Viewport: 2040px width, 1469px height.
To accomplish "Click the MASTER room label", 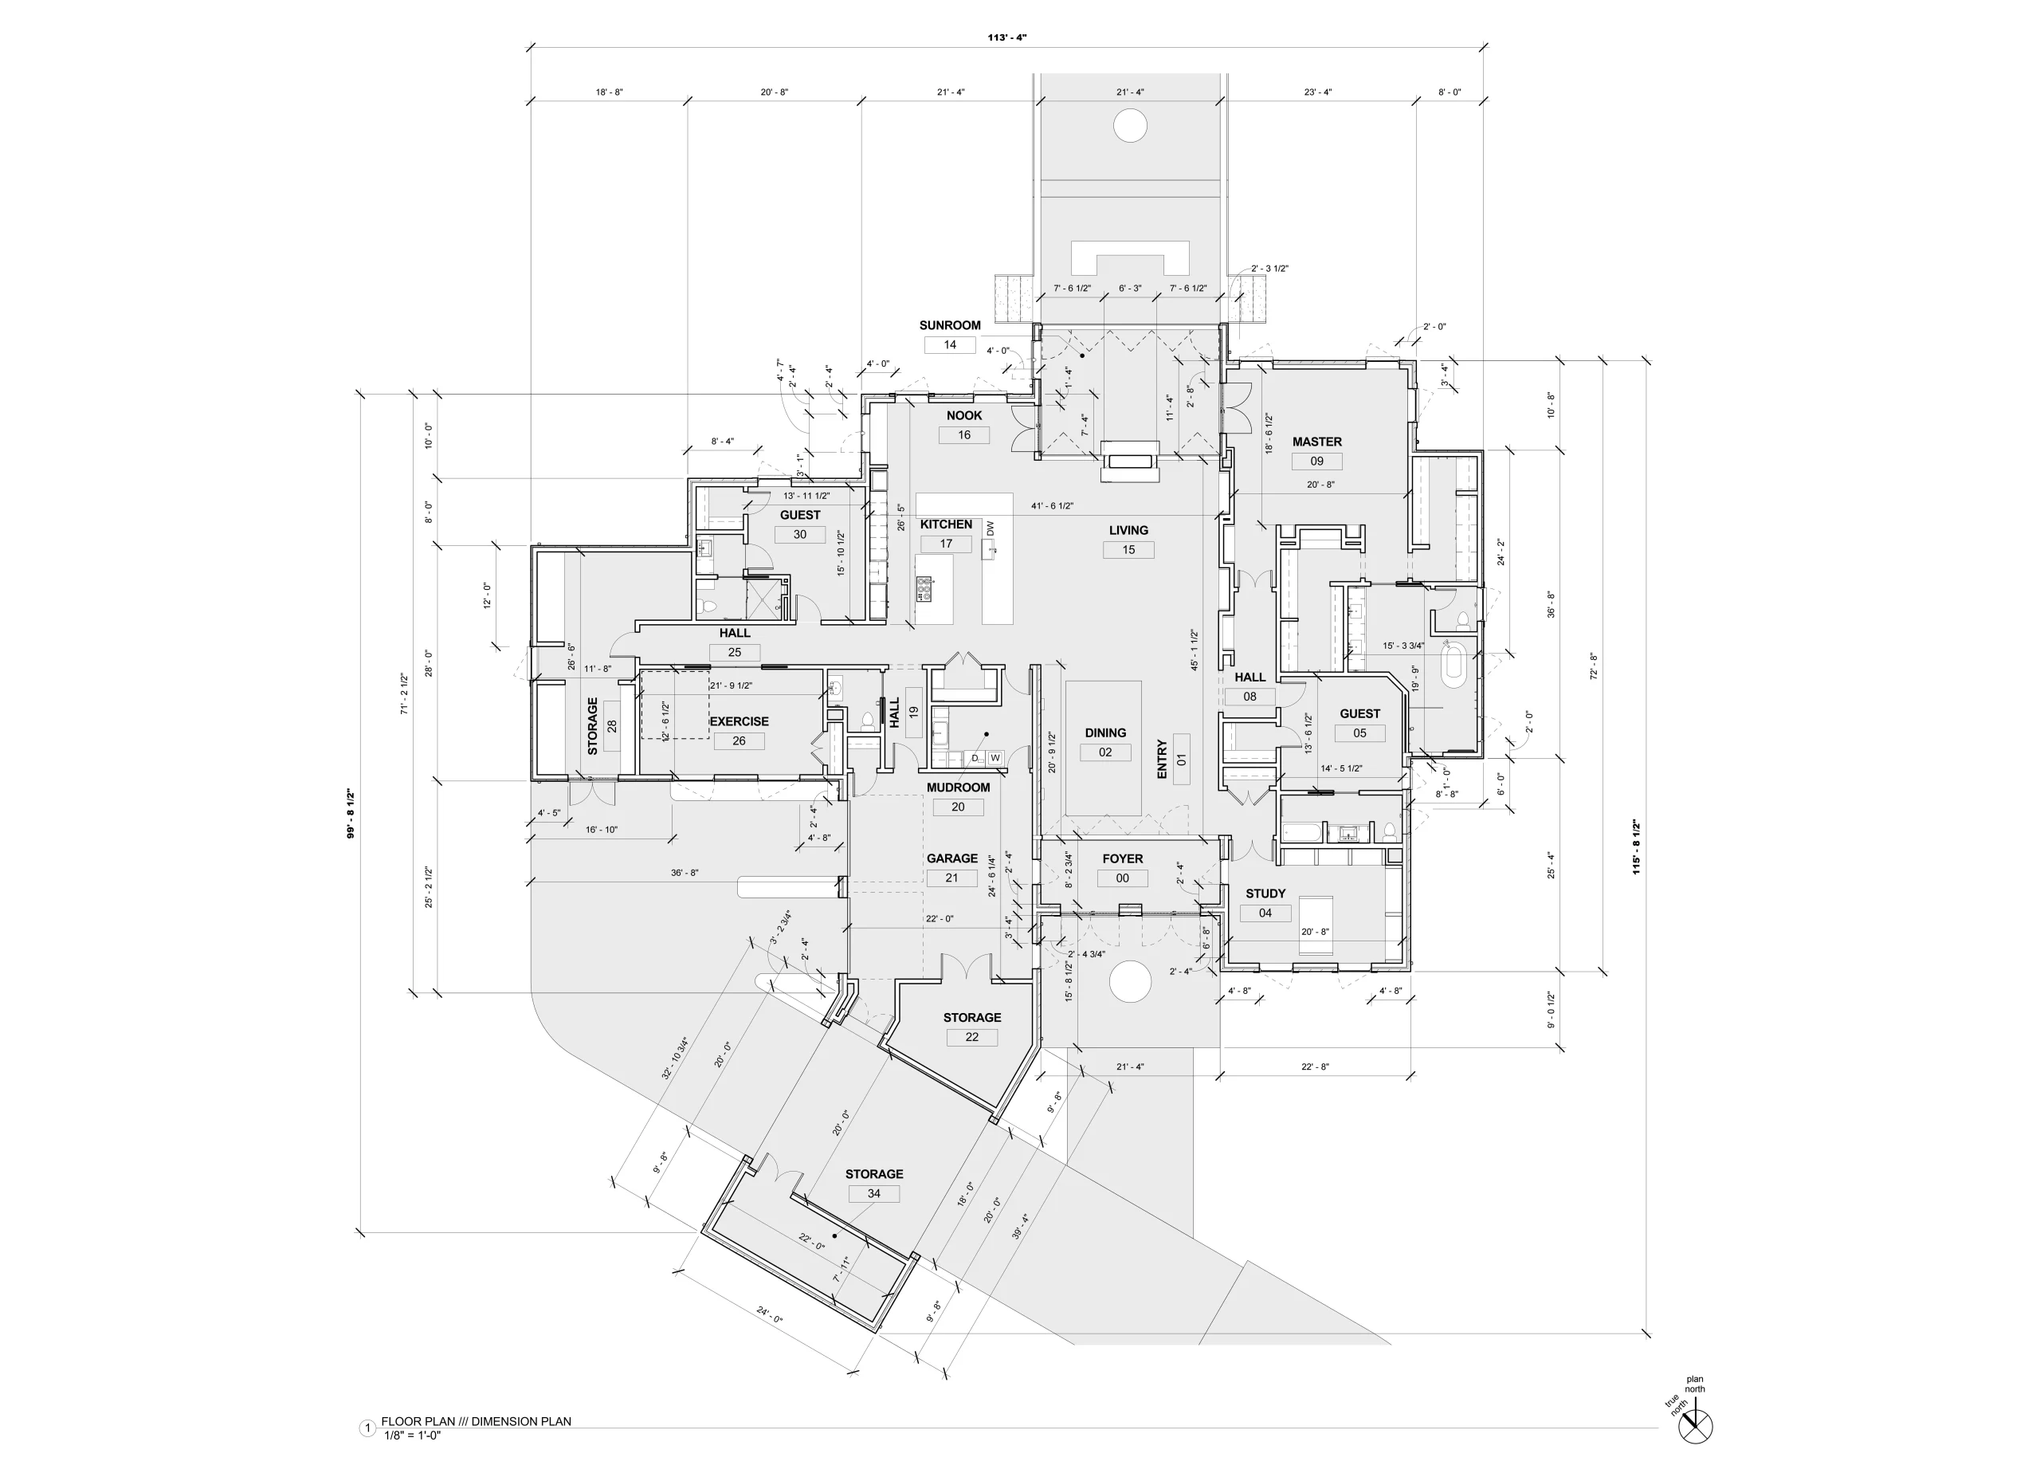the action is [1316, 442].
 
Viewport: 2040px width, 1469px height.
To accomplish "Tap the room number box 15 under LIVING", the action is [1128, 550].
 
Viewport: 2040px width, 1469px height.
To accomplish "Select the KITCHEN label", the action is [945, 524].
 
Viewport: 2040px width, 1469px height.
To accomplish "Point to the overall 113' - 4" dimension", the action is [1006, 37].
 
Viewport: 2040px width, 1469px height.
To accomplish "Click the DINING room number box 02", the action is [1104, 752].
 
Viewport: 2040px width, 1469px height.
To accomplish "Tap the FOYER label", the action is [1123, 859].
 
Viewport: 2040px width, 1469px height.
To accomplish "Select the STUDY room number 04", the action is [1265, 913].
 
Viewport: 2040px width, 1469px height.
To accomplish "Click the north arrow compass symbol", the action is [1696, 1426].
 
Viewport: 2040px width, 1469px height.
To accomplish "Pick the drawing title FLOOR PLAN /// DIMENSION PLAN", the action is [476, 1421].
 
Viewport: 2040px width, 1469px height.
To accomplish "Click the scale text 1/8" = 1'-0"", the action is [412, 1435].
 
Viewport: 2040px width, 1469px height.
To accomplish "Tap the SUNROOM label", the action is [950, 326].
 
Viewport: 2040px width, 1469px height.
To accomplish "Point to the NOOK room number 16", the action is [963, 434].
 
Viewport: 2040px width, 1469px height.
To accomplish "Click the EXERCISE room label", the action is [739, 721].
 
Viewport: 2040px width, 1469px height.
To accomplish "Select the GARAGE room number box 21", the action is [951, 878].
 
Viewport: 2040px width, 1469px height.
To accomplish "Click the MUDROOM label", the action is [958, 788].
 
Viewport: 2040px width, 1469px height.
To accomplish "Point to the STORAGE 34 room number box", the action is [874, 1194].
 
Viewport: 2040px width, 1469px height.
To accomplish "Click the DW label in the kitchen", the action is [991, 529].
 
